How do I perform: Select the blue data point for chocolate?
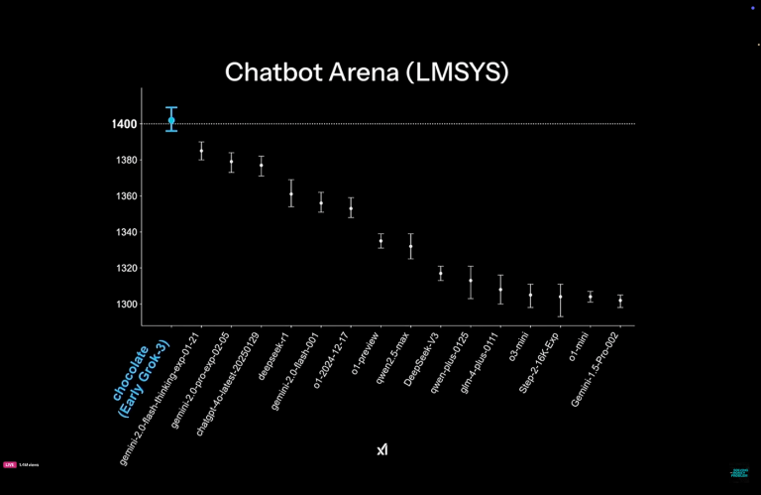coord(171,120)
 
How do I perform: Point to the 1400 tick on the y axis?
coord(126,124)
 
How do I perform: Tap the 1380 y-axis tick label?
coord(127,160)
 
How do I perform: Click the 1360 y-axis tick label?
coord(127,196)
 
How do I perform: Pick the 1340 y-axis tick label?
coord(127,232)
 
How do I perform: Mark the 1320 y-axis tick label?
coord(127,268)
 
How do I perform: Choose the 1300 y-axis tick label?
coord(127,305)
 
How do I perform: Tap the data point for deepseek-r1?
coord(291,194)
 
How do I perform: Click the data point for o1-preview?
coord(381,240)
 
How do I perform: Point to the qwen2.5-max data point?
coord(411,246)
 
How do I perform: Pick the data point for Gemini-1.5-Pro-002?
coord(620,301)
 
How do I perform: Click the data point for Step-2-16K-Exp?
coord(561,297)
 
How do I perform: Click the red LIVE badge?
coord(10,464)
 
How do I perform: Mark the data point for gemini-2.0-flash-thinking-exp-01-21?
coord(201,151)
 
